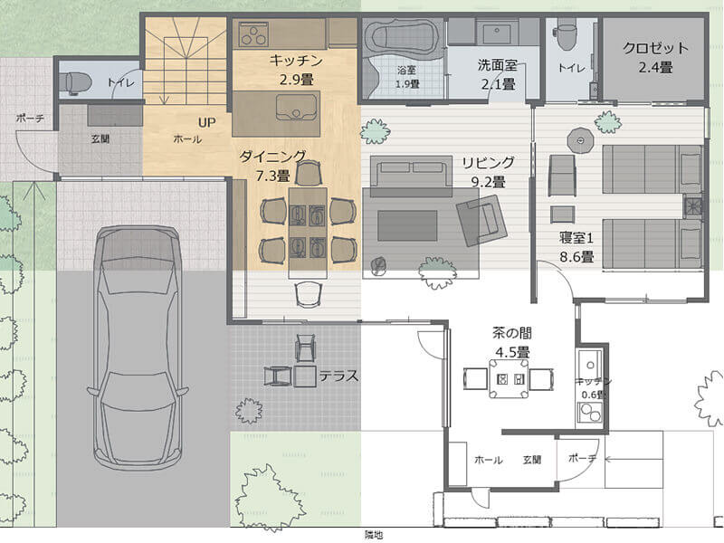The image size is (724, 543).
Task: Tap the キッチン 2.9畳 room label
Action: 296,70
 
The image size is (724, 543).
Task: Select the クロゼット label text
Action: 655,48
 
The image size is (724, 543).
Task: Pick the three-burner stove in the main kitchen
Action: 253,35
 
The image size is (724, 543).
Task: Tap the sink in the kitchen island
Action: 296,108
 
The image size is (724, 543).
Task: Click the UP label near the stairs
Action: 207,122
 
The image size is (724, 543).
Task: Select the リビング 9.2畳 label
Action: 488,172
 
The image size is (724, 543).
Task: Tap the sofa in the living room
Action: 411,176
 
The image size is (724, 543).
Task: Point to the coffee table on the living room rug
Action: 407,225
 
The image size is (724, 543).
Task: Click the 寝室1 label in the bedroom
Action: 576,238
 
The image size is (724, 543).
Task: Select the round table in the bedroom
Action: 579,140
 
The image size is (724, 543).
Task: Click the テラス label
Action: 338,376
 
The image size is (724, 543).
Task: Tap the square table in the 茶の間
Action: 509,378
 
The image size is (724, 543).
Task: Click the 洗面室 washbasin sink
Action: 497,32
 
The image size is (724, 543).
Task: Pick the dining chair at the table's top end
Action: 308,175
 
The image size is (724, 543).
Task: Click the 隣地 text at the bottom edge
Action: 374,535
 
